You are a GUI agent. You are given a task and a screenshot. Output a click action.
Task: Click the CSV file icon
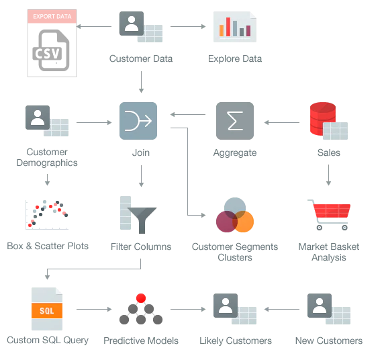coord(51,50)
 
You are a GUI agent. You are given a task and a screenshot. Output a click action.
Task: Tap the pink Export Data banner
coord(52,16)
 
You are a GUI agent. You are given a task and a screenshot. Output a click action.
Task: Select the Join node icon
coord(138,121)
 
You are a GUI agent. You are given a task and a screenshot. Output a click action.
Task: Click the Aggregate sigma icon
coord(235,121)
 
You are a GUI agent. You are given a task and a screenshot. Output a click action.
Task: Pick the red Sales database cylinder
coord(322,119)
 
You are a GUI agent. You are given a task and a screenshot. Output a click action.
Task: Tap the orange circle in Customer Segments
coord(244,222)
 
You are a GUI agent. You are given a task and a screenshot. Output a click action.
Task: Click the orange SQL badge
coord(47,311)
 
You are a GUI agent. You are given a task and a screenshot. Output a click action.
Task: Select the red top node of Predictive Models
coord(141,298)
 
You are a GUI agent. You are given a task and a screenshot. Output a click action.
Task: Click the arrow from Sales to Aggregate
coord(282,122)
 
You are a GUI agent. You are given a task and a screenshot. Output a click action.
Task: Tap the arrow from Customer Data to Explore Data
coord(188,26)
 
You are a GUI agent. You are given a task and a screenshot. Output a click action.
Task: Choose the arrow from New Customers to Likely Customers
coord(282,309)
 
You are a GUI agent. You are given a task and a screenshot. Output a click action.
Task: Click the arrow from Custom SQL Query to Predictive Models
coord(94,309)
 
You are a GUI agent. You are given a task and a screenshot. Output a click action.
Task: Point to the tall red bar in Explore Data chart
coord(228,27)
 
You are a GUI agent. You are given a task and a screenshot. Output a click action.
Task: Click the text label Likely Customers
coord(236,341)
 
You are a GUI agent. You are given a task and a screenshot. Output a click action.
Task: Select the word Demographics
coord(47,163)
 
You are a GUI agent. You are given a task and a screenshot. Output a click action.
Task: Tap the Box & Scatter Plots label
coord(48,246)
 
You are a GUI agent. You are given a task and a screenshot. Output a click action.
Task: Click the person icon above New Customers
coord(320,306)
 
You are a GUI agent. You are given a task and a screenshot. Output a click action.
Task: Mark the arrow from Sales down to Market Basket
coord(329,175)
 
